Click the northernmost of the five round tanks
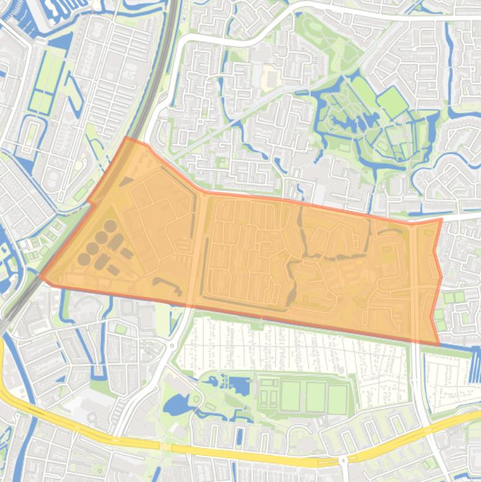coord(110,225)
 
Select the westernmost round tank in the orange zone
coord(83,259)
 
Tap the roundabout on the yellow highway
coord(343,461)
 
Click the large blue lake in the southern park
coord(177,407)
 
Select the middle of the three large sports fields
coord(315,396)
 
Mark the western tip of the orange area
coord(41,275)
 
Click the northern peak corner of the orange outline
coord(127,138)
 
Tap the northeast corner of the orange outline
coord(441,220)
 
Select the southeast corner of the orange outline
coord(438,344)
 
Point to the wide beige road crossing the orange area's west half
coord(196,250)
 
